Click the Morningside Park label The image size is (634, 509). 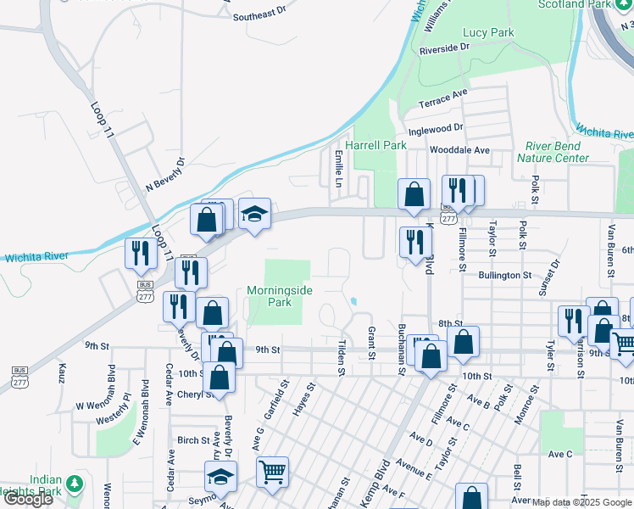pyautogui.click(x=280, y=296)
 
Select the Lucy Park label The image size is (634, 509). pyautogui.click(x=488, y=32)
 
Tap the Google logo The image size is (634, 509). pyautogui.click(x=27, y=499)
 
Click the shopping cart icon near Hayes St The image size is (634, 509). pyautogui.click(x=272, y=471)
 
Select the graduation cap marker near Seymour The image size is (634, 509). pyautogui.click(x=220, y=476)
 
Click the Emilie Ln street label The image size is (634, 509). pyautogui.click(x=338, y=169)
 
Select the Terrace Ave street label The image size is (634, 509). pyautogui.click(x=443, y=98)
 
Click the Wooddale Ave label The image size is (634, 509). pyautogui.click(x=460, y=150)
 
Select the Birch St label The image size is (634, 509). pyautogui.click(x=193, y=440)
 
